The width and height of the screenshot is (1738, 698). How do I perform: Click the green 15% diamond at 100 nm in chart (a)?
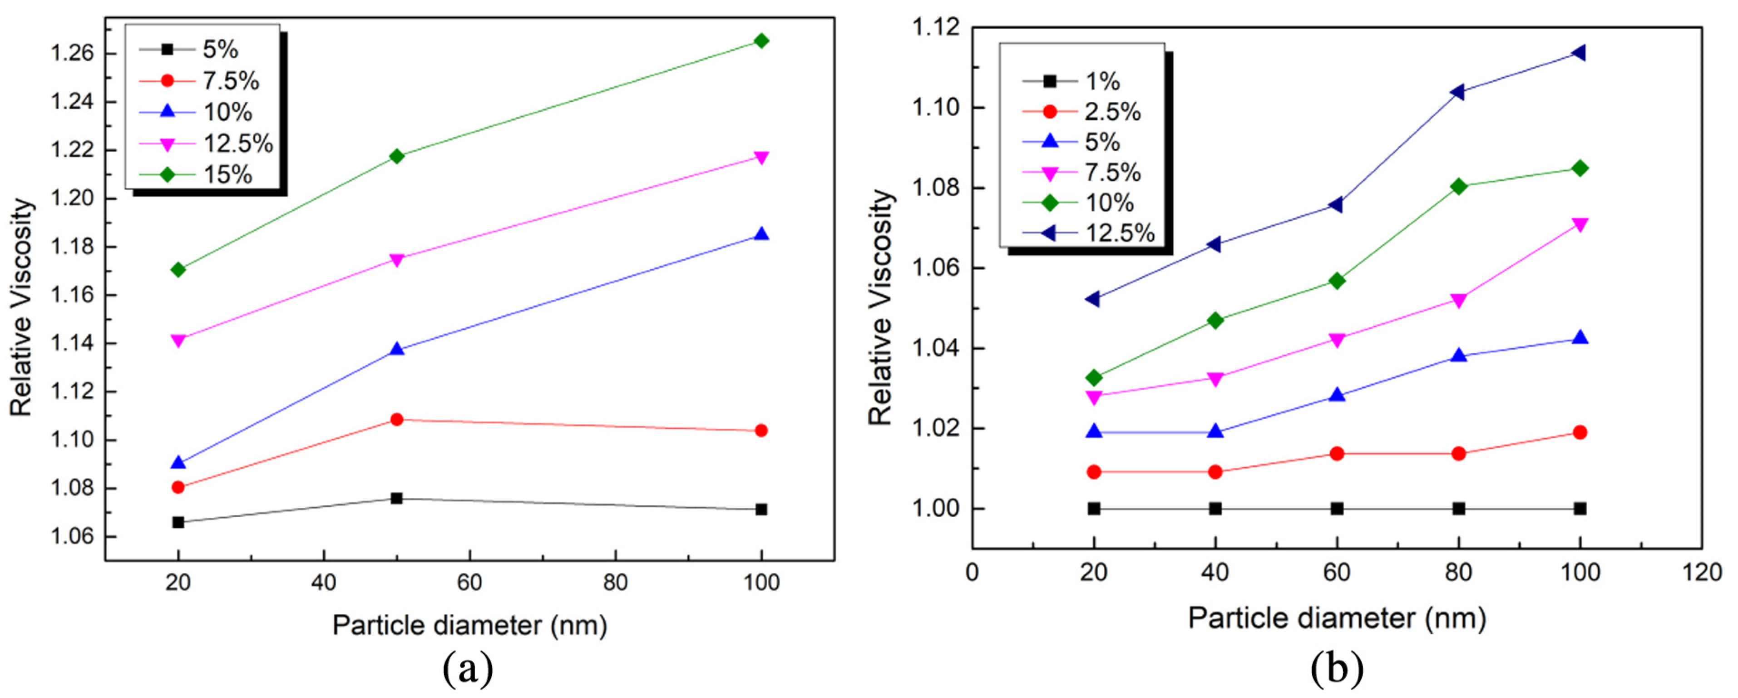pyautogui.click(x=761, y=41)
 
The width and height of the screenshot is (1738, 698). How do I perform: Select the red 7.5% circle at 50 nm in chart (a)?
pyautogui.click(x=397, y=419)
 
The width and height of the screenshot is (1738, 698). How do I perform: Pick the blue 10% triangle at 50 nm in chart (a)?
pyautogui.click(x=397, y=349)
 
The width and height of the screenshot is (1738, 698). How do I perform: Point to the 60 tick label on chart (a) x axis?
pyautogui.click(x=469, y=582)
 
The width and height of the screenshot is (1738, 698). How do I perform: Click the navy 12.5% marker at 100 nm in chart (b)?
pyautogui.click(x=1579, y=53)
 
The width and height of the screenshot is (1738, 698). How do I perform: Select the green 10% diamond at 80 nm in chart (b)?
pyautogui.click(x=1458, y=186)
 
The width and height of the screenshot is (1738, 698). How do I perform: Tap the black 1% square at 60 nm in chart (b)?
pyautogui.click(x=1337, y=508)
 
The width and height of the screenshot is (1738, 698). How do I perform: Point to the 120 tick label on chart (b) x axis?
pyautogui.click(x=1702, y=573)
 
